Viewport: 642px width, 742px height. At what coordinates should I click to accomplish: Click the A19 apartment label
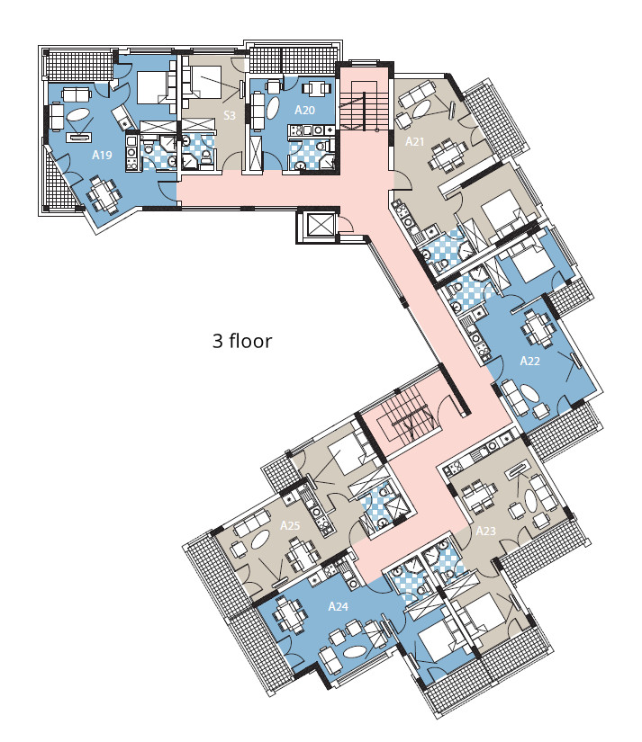pyautogui.click(x=102, y=155)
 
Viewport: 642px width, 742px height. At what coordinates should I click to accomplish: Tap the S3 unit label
pyautogui.click(x=230, y=115)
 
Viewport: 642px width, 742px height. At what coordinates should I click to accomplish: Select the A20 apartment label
pyautogui.click(x=304, y=110)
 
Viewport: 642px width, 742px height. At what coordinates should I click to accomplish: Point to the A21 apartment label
pyautogui.click(x=414, y=141)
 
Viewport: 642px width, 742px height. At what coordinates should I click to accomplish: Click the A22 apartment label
pyautogui.click(x=529, y=361)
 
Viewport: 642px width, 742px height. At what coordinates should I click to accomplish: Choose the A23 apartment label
pyautogui.click(x=485, y=531)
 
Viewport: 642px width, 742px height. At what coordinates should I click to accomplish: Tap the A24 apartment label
pyautogui.click(x=339, y=606)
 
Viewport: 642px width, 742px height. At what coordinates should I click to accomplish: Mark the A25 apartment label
pyautogui.click(x=290, y=525)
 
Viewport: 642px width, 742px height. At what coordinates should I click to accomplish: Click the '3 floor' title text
pyautogui.click(x=242, y=341)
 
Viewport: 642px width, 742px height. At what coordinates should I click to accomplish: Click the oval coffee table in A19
pyautogui.click(x=78, y=115)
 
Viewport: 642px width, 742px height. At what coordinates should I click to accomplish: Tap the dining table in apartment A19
pyautogui.click(x=104, y=194)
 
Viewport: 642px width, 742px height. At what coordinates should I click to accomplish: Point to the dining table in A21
pyautogui.click(x=448, y=156)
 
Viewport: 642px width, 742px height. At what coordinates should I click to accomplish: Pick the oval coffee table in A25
pyautogui.click(x=260, y=540)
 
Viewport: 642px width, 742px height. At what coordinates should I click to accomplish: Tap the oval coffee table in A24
pyautogui.click(x=354, y=652)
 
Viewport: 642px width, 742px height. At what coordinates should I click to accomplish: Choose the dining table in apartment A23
pyautogui.click(x=477, y=496)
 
